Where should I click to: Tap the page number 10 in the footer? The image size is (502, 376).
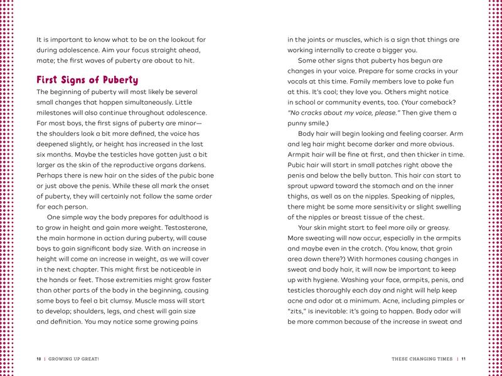(38, 359)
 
